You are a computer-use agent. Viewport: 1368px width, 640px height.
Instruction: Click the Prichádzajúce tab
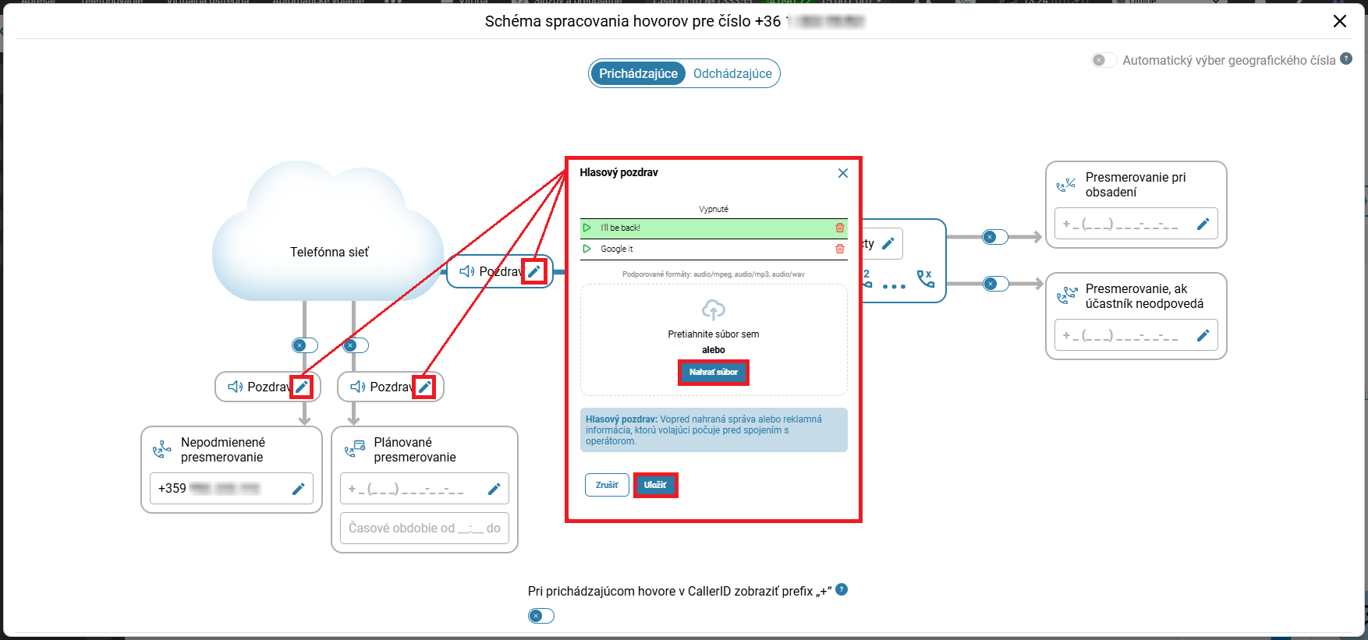[x=638, y=73]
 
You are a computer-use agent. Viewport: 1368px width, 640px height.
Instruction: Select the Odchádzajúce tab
[x=732, y=73]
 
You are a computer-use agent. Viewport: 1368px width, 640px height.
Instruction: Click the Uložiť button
[x=655, y=485]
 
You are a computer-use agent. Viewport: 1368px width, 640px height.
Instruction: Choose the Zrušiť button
[x=607, y=485]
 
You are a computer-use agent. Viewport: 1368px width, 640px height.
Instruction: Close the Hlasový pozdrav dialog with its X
[x=843, y=173]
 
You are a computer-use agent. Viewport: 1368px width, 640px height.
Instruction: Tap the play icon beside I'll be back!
[x=587, y=228]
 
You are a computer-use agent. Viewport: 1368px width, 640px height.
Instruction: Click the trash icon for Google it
[x=840, y=249]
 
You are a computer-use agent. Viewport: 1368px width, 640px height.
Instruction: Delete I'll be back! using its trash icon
[x=840, y=228]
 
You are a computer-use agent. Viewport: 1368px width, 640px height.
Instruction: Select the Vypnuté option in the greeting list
[x=714, y=209]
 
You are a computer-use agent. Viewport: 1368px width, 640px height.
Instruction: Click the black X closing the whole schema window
[x=1340, y=21]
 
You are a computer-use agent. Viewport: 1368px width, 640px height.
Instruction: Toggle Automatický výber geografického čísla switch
[x=1104, y=60]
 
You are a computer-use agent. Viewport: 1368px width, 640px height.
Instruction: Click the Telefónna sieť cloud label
[x=329, y=252]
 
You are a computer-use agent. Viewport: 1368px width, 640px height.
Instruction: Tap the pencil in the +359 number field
[x=298, y=489]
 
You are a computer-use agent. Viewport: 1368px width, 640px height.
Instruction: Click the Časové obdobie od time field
[x=424, y=528]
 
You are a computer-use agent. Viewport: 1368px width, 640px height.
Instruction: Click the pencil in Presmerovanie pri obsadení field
[x=1203, y=224]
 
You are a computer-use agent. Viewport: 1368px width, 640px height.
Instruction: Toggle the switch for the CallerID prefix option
[x=541, y=616]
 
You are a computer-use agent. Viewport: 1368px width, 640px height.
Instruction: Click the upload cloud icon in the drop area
[x=714, y=309]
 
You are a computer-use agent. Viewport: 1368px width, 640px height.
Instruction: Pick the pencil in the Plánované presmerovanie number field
[x=494, y=489]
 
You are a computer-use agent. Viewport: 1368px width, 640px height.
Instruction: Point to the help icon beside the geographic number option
[x=1346, y=59]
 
